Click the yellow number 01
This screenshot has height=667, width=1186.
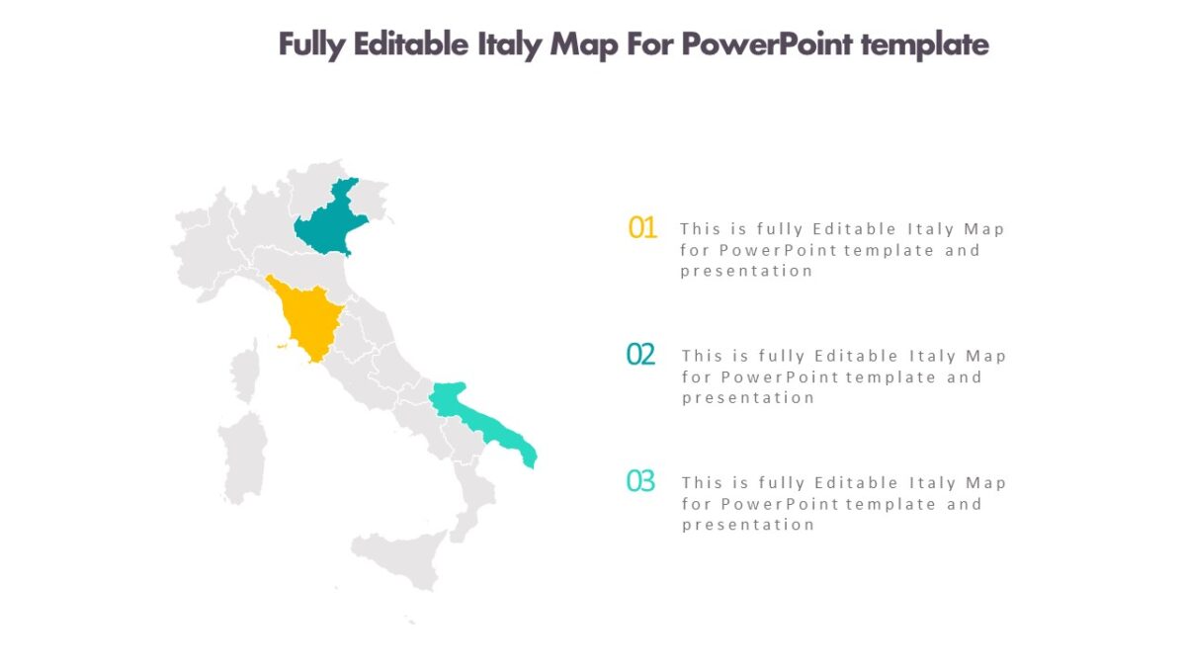(x=642, y=228)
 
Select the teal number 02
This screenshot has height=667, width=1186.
(x=641, y=355)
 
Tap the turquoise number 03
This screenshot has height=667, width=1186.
(x=641, y=482)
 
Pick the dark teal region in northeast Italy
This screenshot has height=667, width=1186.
(x=329, y=222)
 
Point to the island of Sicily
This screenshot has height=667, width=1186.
(x=400, y=558)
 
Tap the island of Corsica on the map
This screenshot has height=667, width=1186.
(x=244, y=375)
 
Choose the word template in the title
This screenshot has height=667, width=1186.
(x=925, y=45)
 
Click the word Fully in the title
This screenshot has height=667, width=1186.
(x=309, y=45)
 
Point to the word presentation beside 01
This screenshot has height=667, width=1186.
(x=746, y=271)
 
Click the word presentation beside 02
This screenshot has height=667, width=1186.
(x=748, y=398)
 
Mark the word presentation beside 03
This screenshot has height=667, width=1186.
(x=748, y=525)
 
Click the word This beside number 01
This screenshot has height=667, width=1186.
(x=701, y=229)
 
